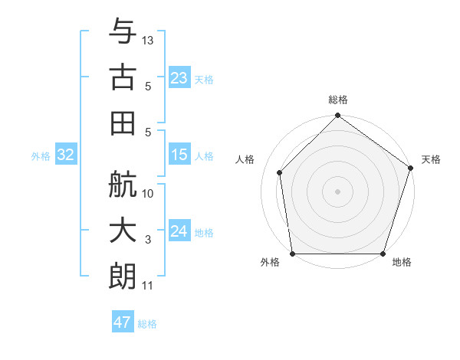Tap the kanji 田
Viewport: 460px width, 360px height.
click(123, 121)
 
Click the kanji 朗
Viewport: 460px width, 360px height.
click(123, 273)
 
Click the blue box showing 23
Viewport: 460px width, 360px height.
click(179, 78)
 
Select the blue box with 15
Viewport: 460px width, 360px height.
click(179, 155)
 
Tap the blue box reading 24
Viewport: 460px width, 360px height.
click(179, 231)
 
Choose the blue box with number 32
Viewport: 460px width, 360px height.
click(66, 155)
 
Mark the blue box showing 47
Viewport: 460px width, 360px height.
click(123, 322)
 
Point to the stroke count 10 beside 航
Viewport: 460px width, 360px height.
click(149, 194)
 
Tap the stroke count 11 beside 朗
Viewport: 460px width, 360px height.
click(148, 286)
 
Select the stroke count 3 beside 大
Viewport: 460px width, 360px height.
click(148, 241)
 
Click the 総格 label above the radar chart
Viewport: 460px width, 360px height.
click(338, 100)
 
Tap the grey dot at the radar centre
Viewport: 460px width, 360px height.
click(337, 191)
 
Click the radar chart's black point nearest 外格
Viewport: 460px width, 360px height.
click(293, 254)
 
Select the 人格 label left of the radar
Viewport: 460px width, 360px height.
click(245, 159)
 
